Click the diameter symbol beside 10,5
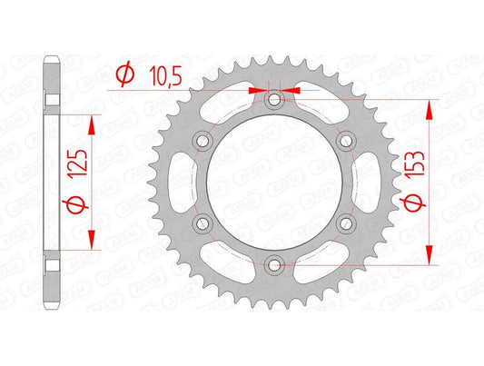click(x=126, y=75)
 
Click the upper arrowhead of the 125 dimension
click(x=91, y=120)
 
